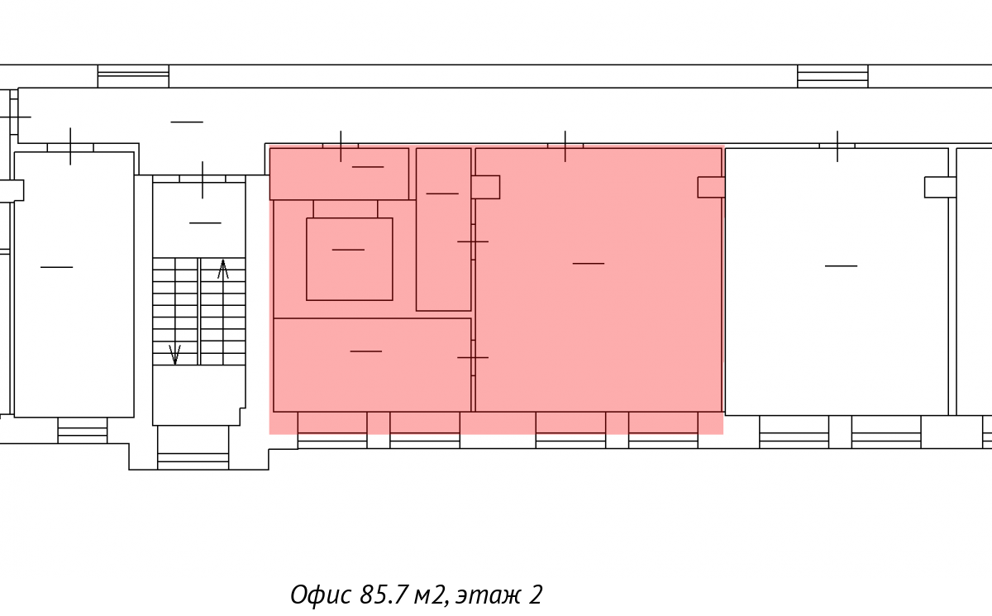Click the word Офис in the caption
tap(321, 595)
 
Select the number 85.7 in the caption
tap(383, 595)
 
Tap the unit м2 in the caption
tap(430, 595)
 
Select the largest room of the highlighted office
tap(599, 279)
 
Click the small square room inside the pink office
tap(350, 259)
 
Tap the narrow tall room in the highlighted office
tap(443, 229)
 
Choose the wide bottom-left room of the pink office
tap(372, 365)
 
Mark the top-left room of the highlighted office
tap(339, 174)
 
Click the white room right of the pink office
tap(837, 282)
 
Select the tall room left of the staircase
tap(74, 284)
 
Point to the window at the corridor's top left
tap(133, 76)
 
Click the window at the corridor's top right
tap(832, 76)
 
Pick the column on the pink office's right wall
tap(711, 188)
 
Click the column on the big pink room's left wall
tap(486, 187)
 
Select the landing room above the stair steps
tap(199, 220)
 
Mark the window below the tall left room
tap(83, 430)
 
